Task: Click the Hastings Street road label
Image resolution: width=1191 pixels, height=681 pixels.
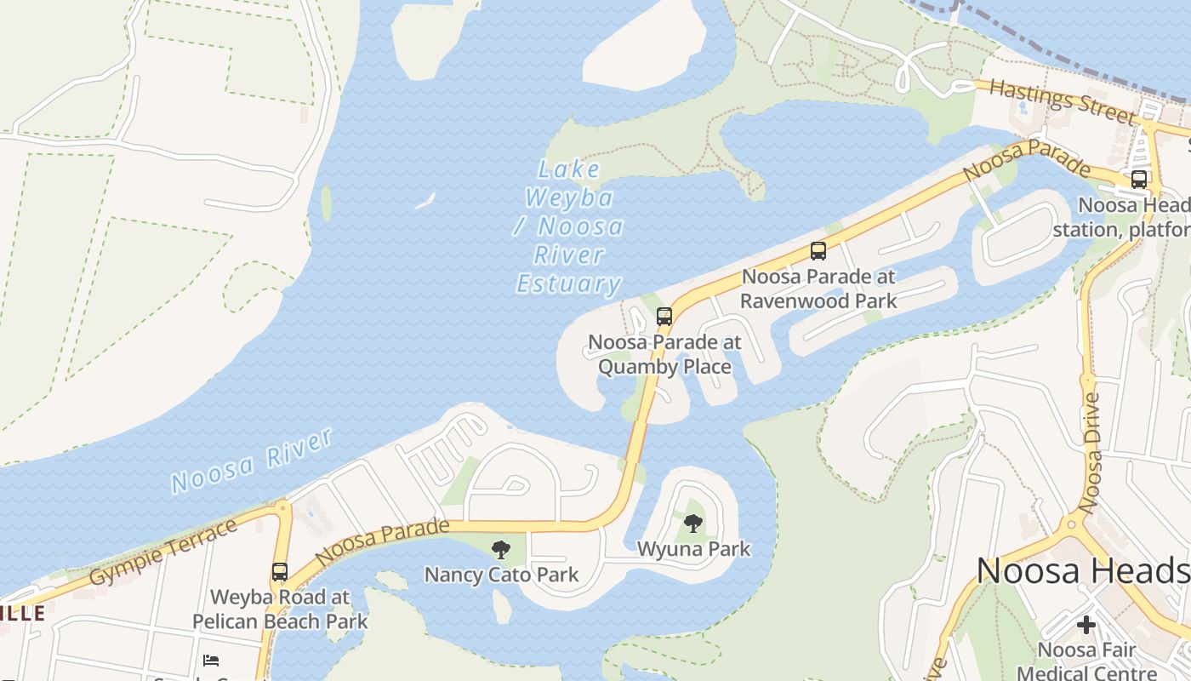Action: click(1063, 102)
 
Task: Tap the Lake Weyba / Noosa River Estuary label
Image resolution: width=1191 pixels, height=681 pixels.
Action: click(569, 226)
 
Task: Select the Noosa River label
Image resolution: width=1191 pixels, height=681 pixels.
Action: click(251, 461)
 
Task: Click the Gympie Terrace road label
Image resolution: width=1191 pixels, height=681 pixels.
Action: click(163, 552)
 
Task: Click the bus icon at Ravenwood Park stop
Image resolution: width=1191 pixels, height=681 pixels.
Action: click(818, 251)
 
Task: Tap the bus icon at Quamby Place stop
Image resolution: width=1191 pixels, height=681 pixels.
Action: click(664, 317)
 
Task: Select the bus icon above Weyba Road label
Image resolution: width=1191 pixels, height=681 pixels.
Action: click(280, 572)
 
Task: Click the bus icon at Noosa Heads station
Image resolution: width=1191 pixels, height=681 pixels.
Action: click(1139, 180)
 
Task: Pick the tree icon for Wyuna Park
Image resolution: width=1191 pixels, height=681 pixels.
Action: click(693, 524)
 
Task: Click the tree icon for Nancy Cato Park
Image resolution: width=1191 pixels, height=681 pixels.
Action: click(501, 549)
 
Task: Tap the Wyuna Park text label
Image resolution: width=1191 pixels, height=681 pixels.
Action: click(694, 549)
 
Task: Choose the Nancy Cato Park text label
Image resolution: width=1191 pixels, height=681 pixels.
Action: click(501, 575)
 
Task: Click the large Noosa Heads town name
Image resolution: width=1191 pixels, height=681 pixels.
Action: click(1082, 570)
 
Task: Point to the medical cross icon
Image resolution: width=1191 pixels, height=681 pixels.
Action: click(1086, 625)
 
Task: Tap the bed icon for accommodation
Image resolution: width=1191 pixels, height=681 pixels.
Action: click(211, 660)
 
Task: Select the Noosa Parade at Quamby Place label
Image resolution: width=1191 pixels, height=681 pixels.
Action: click(664, 354)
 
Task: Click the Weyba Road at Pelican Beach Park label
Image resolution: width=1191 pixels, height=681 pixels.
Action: click(280, 609)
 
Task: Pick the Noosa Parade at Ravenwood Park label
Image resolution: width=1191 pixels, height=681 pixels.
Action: click(818, 289)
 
